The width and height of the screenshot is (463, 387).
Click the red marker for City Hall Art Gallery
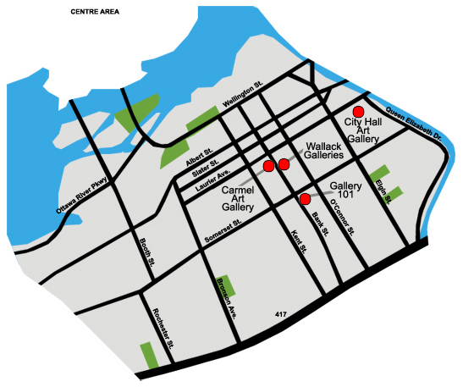point(358,111)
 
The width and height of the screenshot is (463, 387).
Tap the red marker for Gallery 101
point(305,199)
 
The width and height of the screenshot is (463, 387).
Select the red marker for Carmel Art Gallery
point(268,165)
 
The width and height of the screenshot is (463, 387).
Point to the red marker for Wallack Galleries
point(284,164)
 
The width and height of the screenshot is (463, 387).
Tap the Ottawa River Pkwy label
point(82,196)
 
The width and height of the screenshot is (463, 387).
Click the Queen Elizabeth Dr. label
point(414,124)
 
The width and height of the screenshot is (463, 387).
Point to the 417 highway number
point(281,314)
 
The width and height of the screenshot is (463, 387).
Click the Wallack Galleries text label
point(324,151)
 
